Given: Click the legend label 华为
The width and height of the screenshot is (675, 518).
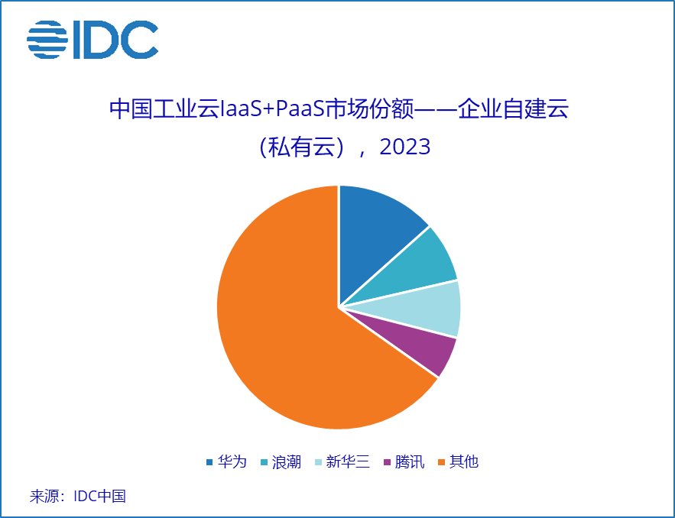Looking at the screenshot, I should coord(232,461).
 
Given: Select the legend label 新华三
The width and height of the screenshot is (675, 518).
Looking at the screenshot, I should coord(348,461).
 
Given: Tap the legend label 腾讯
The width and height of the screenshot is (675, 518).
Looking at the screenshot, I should coord(410,461).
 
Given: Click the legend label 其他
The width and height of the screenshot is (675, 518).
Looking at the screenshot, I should coord(464,461).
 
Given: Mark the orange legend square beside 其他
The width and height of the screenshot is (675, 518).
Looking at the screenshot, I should coord(441,462).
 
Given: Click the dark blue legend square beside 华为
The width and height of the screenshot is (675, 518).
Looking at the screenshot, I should coord(209,462).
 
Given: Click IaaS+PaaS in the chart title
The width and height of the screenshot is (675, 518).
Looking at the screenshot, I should coord(268,109).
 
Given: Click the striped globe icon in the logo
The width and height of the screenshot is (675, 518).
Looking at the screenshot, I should coord(48,39).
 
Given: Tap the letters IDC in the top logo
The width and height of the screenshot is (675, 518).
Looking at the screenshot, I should coord(115,39).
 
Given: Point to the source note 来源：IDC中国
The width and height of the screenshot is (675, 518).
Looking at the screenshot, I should coord(77,497).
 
